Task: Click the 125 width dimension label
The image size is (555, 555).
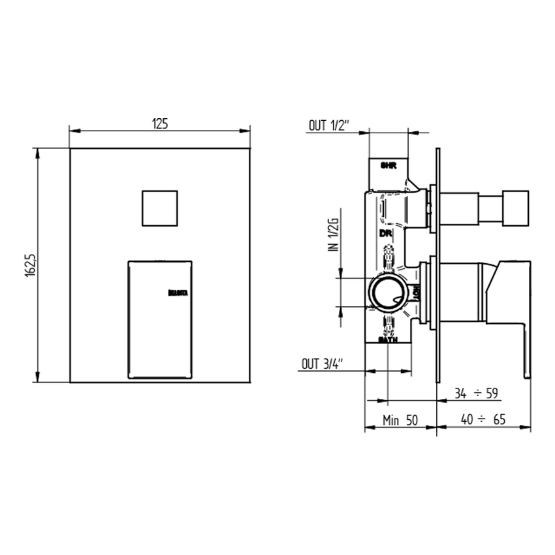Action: [x=161, y=123]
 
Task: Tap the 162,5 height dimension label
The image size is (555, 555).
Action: [x=30, y=265]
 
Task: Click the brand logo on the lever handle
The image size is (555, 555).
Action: [x=178, y=294]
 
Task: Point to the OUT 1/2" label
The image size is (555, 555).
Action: [x=330, y=125]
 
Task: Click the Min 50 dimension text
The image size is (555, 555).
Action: [x=400, y=420]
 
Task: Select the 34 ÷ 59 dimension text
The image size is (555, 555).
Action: [x=476, y=393]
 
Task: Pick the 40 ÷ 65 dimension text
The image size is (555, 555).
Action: [x=483, y=420]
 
